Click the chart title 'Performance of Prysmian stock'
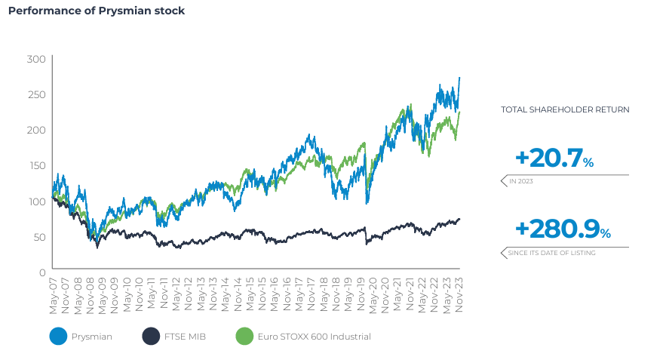pyautogui.click(x=96, y=11)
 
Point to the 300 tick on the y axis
pyautogui.click(x=35, y=59)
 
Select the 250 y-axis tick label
pyautogui.click(x=35, y=94)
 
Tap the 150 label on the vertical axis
pyautogui.click(x=35, y=165)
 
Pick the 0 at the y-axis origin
pyautogui.click(x=42, y=272)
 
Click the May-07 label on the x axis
pyautogui.click(x=54, y=291)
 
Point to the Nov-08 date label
pyautogui.click(x=91, y=291)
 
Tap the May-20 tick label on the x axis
pyautogui.click(x=374, y=291)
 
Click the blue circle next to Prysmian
pyautogui.click(x=58, y=337)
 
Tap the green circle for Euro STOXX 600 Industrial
pyautogui.click(x=244, y=337)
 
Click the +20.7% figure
pyautogui.click(x=554, y=158)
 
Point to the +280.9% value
pyautogui.click(x=562, y=229)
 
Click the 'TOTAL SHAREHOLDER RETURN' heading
pyautogui.click(x=565, y=109)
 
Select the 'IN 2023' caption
pyautogui.click(x=521, y=182)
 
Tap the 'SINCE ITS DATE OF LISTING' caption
pyautogui.click(x=551, y=253)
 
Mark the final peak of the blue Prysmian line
pyautogui.click(x=459, y=78)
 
